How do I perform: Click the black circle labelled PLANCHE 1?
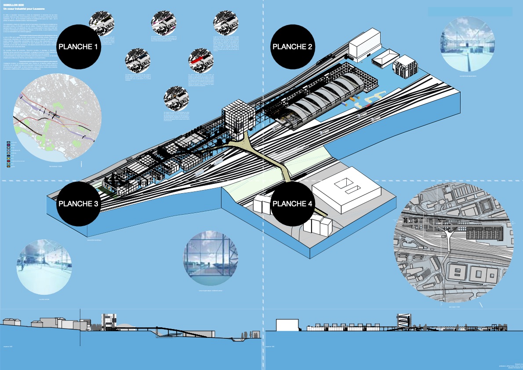[x=78, y=47]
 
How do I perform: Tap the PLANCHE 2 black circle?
[x=292, y=47]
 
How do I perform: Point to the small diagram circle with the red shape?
[x=200, y=61]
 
